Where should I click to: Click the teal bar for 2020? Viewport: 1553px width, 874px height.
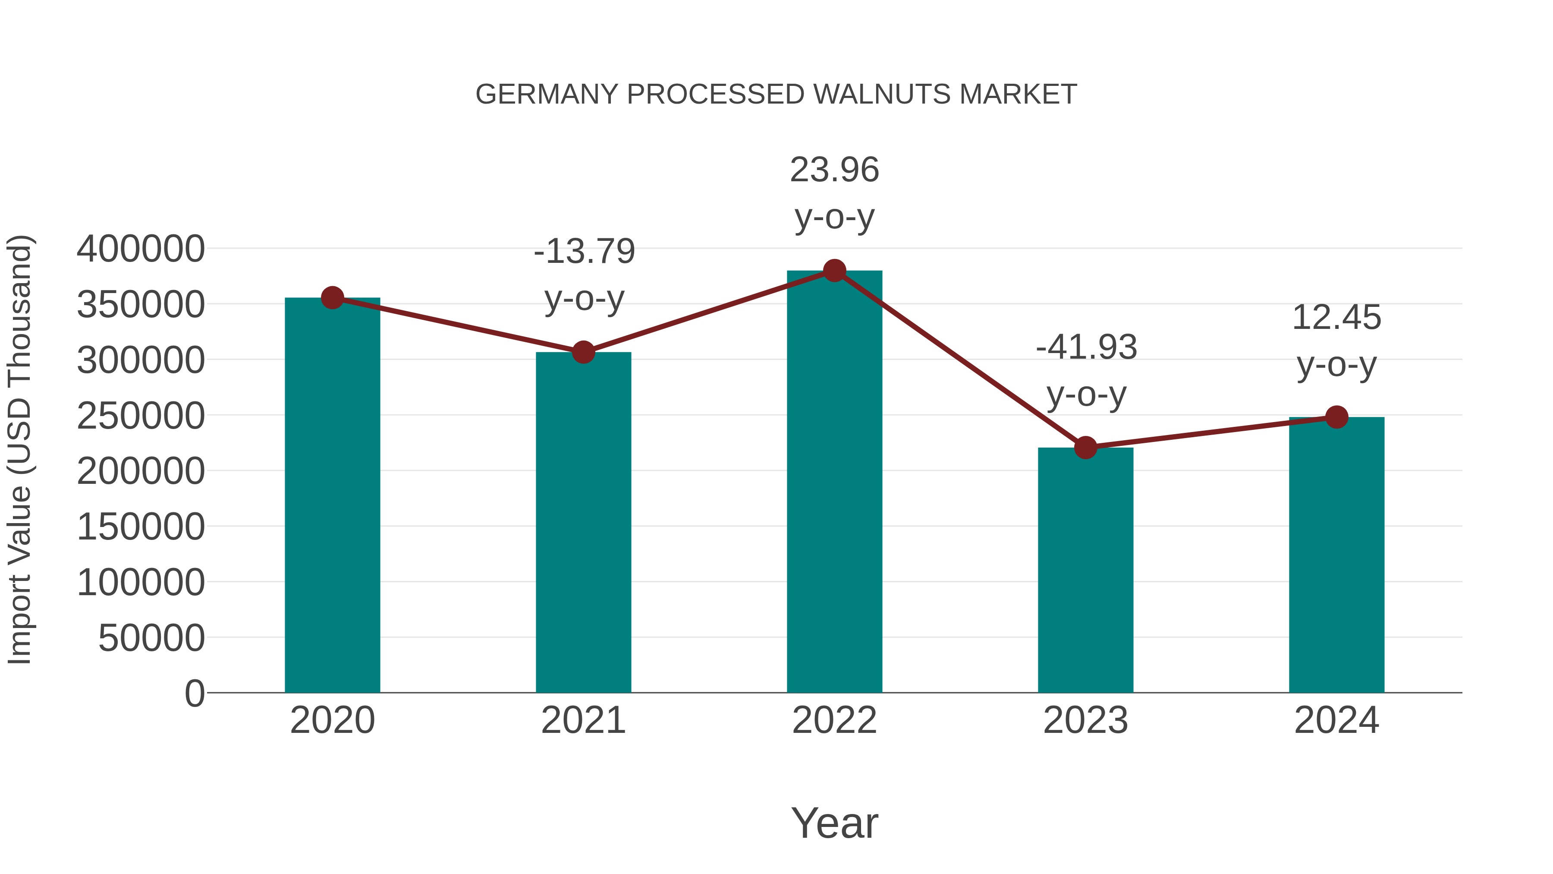(x=332, y=495)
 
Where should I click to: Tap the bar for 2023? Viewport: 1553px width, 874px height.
(x=1085, y=570)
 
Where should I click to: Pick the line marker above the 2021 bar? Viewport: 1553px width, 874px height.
(x=583, y=352)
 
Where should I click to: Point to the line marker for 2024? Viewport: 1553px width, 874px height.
(x=1336, y=417)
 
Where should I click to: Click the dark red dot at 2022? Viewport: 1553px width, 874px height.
(x=834, y=271)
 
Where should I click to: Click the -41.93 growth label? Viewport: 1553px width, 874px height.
(x=1086, y=348)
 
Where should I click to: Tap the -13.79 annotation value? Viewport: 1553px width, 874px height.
(x=584, y=252)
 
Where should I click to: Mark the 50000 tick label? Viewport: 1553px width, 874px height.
(x=151, y=638)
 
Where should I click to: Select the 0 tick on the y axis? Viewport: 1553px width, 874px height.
(x=195, y=694)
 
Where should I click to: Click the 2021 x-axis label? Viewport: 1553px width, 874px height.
(x=583, y=721)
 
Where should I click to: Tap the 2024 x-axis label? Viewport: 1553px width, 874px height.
(x=1336, y=721)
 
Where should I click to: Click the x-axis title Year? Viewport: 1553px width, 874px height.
(x=834, y=824)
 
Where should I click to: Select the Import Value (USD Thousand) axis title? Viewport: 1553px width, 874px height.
(x=19, y=449)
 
